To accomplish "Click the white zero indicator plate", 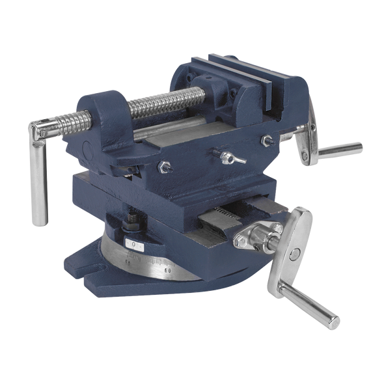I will pos(135,245).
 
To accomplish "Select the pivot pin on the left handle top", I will pos(43,133).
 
